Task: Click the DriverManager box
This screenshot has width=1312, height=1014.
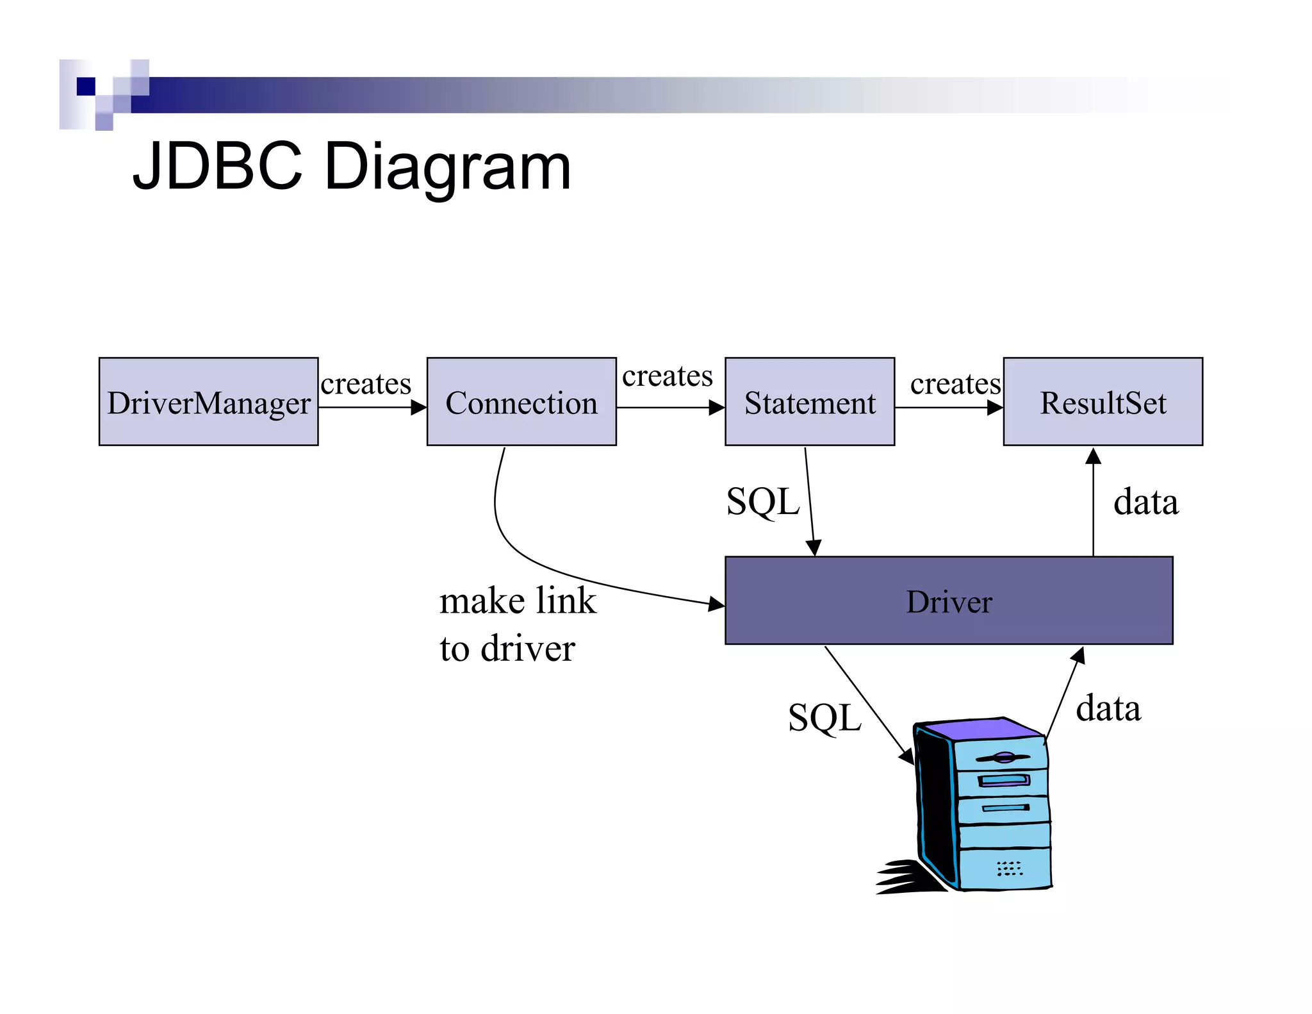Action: point(208,402)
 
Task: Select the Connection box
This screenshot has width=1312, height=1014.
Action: point(521,402)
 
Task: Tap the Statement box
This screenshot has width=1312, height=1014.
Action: point(809,402)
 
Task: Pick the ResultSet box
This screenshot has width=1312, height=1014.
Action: point(1102,402)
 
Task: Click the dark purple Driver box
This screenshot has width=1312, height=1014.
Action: point(948,601)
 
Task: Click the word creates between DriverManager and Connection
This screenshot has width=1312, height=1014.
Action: point(366,384)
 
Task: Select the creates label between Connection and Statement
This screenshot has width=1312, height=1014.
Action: point(667,376)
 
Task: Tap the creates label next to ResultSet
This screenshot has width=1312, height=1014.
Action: point(955,384)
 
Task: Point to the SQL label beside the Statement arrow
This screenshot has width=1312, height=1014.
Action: point(762,501)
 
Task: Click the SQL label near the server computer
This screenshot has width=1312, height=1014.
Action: point(824,717)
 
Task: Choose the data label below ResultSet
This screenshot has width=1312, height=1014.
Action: point(1145,502)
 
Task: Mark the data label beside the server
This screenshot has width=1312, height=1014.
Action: point(1108,709)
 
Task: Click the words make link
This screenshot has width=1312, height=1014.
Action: point(518,601)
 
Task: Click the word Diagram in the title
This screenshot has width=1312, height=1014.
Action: point(447,167)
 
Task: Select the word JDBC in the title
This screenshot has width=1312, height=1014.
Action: point(217,167)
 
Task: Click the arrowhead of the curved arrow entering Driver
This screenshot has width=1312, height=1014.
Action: point(717,604)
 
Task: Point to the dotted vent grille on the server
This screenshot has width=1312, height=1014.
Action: point(1009,869)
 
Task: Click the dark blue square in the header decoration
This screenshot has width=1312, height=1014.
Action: point(86,87)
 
